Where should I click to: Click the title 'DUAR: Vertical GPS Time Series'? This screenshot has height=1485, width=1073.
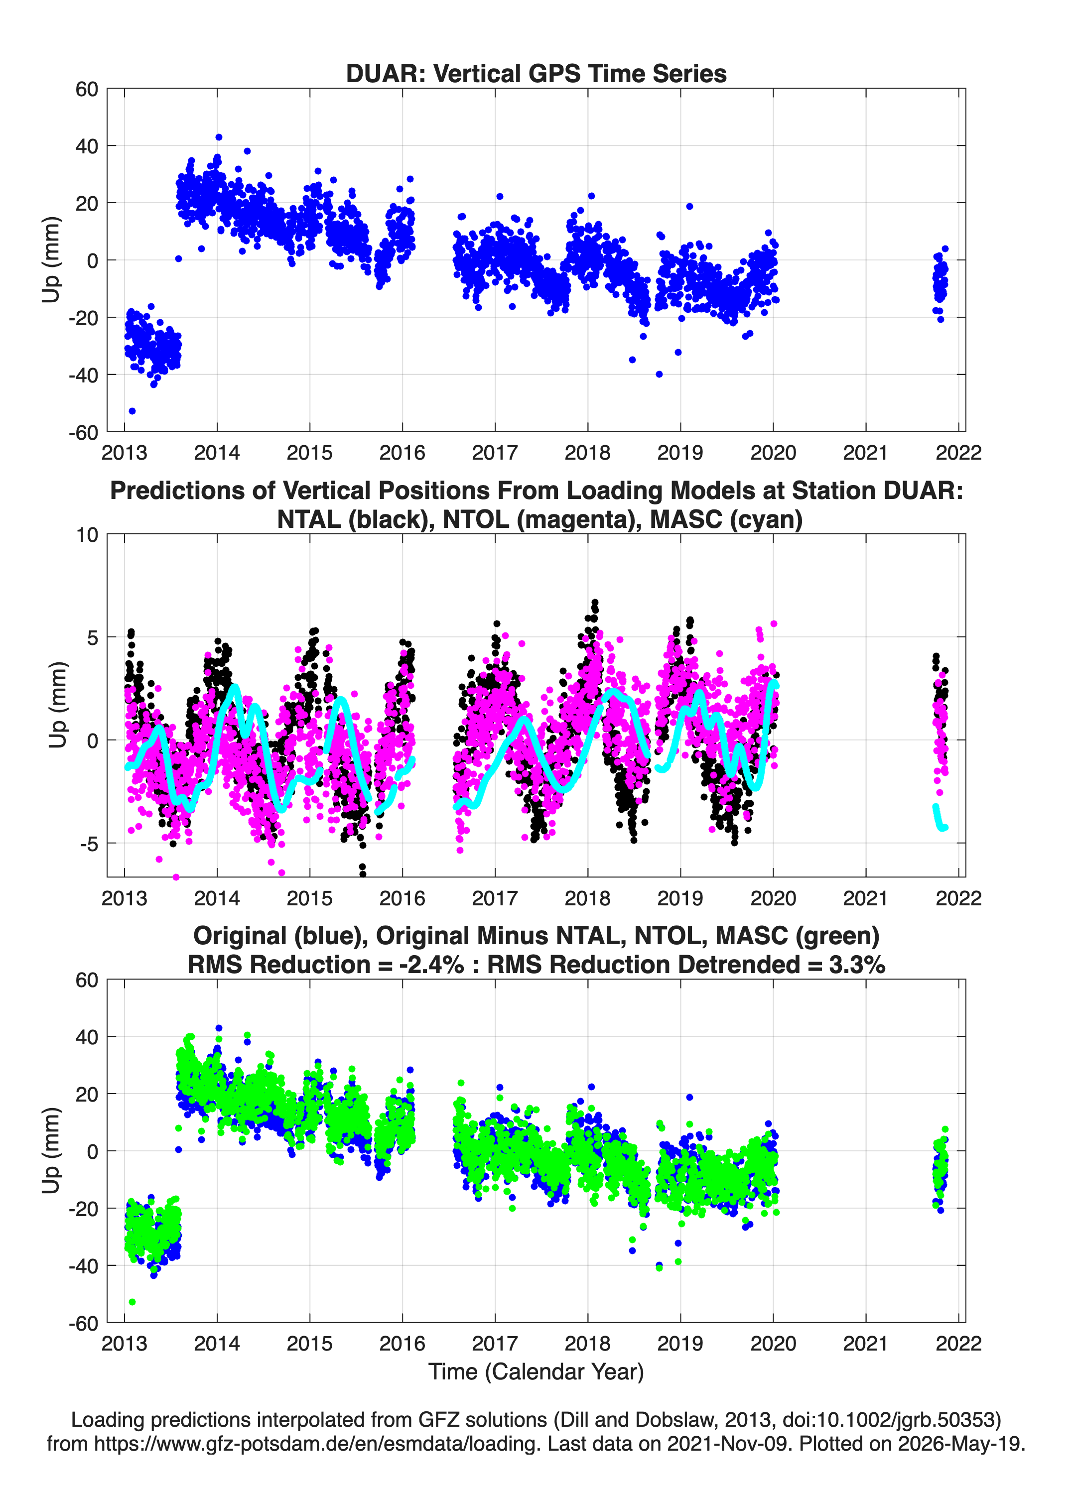[536, 73]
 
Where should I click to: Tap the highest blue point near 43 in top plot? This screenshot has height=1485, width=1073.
[219, 137]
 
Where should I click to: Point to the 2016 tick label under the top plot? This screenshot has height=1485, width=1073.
[402, 453]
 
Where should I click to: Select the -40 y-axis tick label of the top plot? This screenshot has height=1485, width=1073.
[83, 375]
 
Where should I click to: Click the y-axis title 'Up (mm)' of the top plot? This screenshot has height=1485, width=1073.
[51, 260]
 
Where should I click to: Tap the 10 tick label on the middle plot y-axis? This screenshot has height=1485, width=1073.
[87, 535]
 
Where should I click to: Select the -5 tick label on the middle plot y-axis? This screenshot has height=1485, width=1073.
[89, 843]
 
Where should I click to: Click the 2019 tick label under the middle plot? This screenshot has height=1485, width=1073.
[680, 898]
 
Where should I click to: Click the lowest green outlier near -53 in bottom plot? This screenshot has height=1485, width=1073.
[133, 1302]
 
